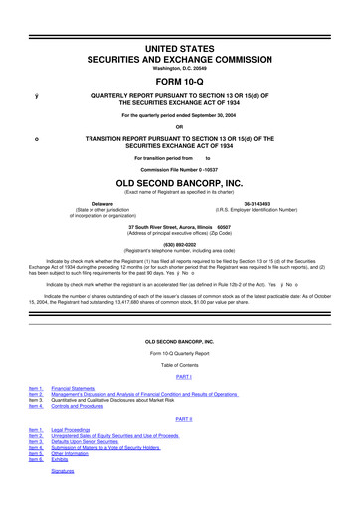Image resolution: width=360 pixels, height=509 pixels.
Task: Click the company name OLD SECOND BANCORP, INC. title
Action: click(x=180, y=184)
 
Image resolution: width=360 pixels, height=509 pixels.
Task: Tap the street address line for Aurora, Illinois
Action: click(x=180, y=227)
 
